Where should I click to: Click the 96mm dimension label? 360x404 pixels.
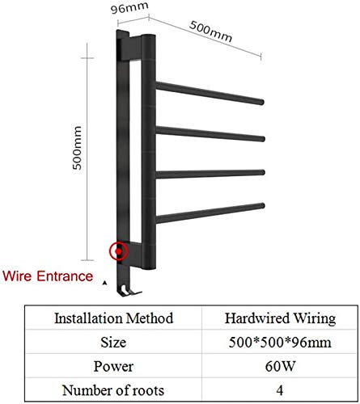pos(129,8)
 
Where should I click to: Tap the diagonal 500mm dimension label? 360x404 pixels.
pos(210,32)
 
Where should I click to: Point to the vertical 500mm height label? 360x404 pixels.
pos(77,148)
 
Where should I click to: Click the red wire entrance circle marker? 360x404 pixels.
pos(118,251)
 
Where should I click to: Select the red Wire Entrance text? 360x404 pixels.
pos(48,276)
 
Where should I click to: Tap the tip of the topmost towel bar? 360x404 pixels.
pos(261,102)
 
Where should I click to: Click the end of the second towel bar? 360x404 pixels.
pos(262,139)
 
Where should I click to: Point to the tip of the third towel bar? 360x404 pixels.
pos(262,172)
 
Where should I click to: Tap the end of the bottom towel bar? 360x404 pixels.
pos(262,206)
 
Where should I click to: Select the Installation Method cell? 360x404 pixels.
pos(114,318)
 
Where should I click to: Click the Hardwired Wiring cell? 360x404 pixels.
pos(280,318)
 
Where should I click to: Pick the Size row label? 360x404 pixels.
pos(113,343)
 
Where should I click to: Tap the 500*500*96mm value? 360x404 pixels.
pos(280,343)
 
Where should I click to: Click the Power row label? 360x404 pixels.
pos(113,367)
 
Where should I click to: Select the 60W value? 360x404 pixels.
pos(280,366)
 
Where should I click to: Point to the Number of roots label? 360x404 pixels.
pos(113,390)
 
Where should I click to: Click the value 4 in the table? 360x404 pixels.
pos(280,390)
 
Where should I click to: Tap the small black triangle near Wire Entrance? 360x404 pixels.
pos(105,283)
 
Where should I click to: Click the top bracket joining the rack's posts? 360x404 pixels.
pos(131,48)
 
